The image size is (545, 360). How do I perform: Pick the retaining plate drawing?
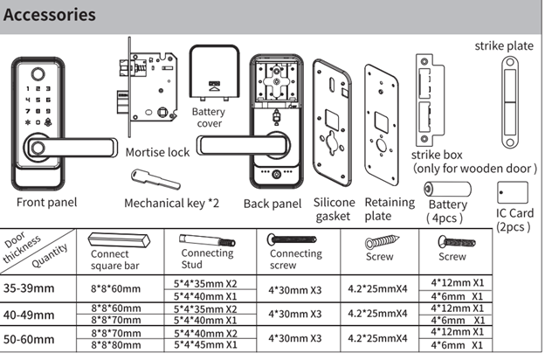pyautogui.click(x=383, y=126)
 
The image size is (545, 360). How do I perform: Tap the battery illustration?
pyautogui.click(x=446, y=191)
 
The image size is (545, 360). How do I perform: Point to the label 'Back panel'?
pyautogui.click(x=272, y=203)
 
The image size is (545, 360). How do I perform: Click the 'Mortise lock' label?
pyautogui.click(x=157, y=152)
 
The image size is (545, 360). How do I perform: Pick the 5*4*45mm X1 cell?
pyautogui.click(x=209, y=346)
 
